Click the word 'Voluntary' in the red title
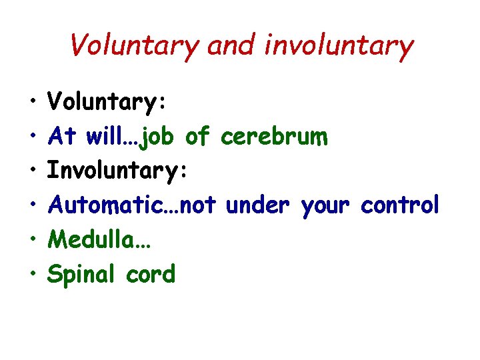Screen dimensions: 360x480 pyautogui.click(x=133, y=46)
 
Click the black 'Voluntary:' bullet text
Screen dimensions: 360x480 pyautogui.click(x=107, y=103)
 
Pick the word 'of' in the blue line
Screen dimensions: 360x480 pyautogui.click(x=198, y=137)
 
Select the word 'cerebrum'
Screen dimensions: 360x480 pyautogui.click(x=274, y=137)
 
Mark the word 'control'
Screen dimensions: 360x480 pyautogui.click(x=400, y=205)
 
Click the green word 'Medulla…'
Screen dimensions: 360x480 pyautogui.click(x=100, y=239)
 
